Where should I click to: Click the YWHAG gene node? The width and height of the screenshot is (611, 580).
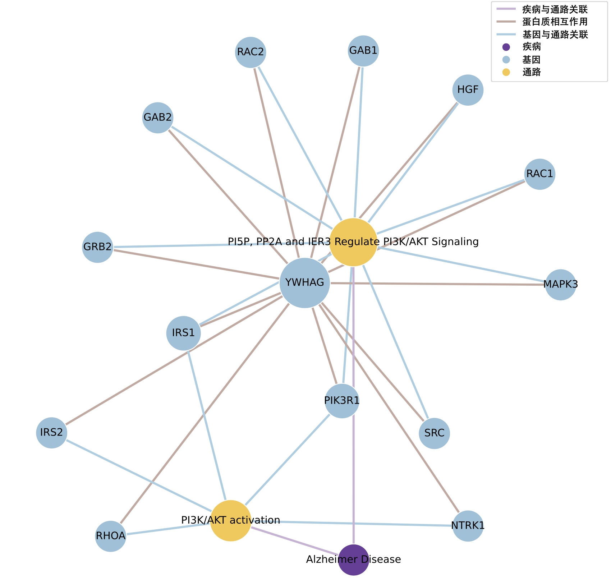click(x=304, y=283)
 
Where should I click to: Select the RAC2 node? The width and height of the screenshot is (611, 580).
click(x=251, y=52)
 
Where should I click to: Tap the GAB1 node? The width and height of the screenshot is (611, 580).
click(x=363, y=51)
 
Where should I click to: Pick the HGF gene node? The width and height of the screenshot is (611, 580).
click(x=468, y=90)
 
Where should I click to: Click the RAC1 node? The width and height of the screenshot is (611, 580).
click(x=539, y=174)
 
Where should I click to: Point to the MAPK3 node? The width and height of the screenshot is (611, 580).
click(x=560, y=284)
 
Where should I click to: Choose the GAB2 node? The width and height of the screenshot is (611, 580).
click(x=158, y=118)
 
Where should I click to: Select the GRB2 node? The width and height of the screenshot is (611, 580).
click(x=97, y=247)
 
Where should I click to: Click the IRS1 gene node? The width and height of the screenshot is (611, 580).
click(x=183, y=333)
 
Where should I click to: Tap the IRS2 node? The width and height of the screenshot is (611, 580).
click(x=52, y=433)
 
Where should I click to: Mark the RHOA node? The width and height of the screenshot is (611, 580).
click(x=111, y=536)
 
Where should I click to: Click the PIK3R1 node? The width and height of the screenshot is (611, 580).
click(x=341, y=401)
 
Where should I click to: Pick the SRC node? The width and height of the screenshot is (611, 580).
click(x=434, y=433)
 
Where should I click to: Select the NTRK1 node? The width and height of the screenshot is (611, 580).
click(x=468, y=526)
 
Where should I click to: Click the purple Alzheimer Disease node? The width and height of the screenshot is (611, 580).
click(x=354, y=560)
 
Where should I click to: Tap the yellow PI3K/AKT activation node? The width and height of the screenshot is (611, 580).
click(x=230, y=520)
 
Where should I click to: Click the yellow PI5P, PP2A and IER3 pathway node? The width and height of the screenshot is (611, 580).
click(x=353, y=242)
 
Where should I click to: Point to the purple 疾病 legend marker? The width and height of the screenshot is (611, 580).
click(x=506, y=47)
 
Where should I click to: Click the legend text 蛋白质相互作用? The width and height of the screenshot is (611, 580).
click(x=555, y=22)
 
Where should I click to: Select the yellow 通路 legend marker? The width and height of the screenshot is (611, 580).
click(x=506, y=72)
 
